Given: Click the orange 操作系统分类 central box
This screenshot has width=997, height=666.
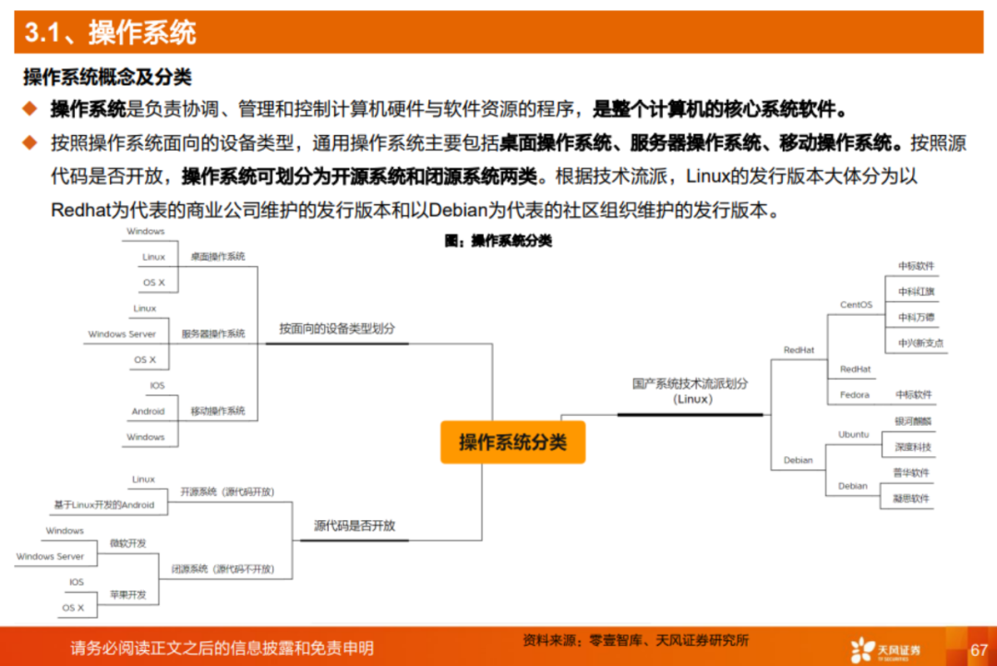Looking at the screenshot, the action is coord(512,442).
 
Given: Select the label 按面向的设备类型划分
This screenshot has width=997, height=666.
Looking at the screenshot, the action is coord(337,329).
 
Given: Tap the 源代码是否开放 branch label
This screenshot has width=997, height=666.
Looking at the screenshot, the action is coord(354,526).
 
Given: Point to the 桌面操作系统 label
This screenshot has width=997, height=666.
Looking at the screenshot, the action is coord(218,257).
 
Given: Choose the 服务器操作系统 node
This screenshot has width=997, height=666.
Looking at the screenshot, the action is coord(213,334).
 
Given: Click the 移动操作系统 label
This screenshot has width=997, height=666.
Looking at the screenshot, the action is coord(218,411).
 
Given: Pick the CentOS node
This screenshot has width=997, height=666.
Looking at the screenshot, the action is coord(856,305).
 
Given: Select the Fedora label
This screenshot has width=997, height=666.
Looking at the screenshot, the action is coord(855,395).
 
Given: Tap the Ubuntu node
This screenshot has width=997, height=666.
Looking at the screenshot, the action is coord(853,434).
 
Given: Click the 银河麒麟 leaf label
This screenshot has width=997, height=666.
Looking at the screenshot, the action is coord(913,421).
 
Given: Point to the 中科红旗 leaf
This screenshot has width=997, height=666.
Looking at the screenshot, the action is coord(917,292).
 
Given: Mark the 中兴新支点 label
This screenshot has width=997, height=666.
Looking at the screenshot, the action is coord(920,344).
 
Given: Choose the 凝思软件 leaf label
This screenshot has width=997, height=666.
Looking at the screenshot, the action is coord(911,499).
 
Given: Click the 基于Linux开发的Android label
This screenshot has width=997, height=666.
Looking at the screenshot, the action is coord(104,505).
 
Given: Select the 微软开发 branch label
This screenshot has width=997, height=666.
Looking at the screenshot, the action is coord(127,544).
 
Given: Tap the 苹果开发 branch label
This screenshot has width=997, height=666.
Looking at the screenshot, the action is coord(127,596).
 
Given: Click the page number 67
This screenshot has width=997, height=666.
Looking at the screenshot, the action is coord(979,651).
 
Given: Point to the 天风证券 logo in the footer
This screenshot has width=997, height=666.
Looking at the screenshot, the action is coord(886,649).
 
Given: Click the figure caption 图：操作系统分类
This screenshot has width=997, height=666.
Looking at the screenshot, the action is coord(498,241).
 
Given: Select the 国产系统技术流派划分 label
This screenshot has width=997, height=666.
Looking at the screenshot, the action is coord(691,383).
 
